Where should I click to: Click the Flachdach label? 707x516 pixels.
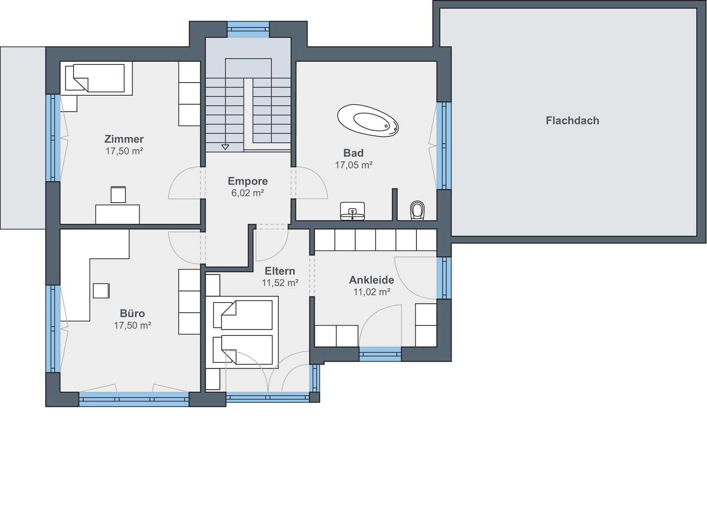[572, 121]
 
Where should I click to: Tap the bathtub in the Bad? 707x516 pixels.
[368, 120]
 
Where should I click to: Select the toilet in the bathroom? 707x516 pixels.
[417, 211]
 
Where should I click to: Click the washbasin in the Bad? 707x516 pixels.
[352, 211]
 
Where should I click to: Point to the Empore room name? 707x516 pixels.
[248, 181]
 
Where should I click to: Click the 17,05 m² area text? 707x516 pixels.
[353, 165]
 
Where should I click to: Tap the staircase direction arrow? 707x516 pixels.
[225, 147]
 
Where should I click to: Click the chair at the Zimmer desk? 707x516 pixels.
[118, 195]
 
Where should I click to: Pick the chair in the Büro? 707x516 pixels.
[101, 291]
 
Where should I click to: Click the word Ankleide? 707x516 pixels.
[372, 280]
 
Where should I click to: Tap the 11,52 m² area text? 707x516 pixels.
[280, 283]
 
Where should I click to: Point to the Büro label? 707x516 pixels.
[132, 314]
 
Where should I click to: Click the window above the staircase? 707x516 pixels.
[248, 29]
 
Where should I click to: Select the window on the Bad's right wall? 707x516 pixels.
[444, 145]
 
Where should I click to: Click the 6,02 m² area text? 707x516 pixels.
[247, 193]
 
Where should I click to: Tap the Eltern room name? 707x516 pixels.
[280, 271]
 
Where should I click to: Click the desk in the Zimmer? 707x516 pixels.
[118, 214]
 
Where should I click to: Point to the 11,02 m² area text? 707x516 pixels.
[372, 292]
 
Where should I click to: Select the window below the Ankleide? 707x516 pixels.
[380, 354]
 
